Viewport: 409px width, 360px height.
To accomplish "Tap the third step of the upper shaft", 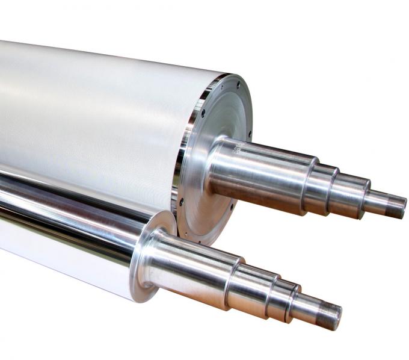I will [348, 192].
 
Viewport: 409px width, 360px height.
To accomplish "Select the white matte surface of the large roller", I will [90, 108].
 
